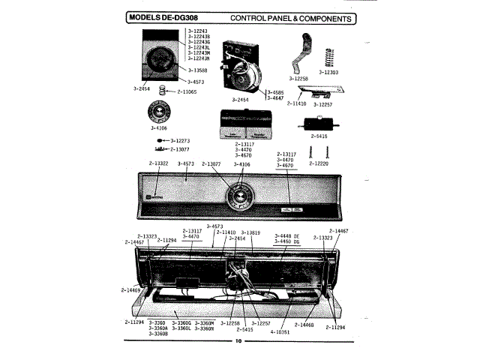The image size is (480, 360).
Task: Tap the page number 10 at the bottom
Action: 239,343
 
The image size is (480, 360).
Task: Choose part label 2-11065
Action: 187,91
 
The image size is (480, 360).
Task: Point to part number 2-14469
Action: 130,289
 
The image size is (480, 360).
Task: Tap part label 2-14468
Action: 304,323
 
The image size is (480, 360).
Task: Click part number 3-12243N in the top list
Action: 198,58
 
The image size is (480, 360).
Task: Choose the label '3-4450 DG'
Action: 285,242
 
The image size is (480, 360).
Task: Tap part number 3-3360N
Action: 205,328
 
